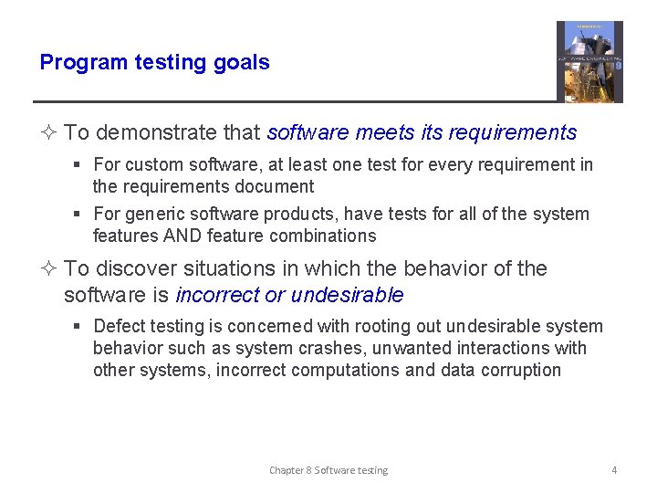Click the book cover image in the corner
[x=589, y=62]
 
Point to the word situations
[x=216, y=269]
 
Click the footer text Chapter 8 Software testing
[x=328, y=470]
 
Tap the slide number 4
[x=614, y=470]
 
